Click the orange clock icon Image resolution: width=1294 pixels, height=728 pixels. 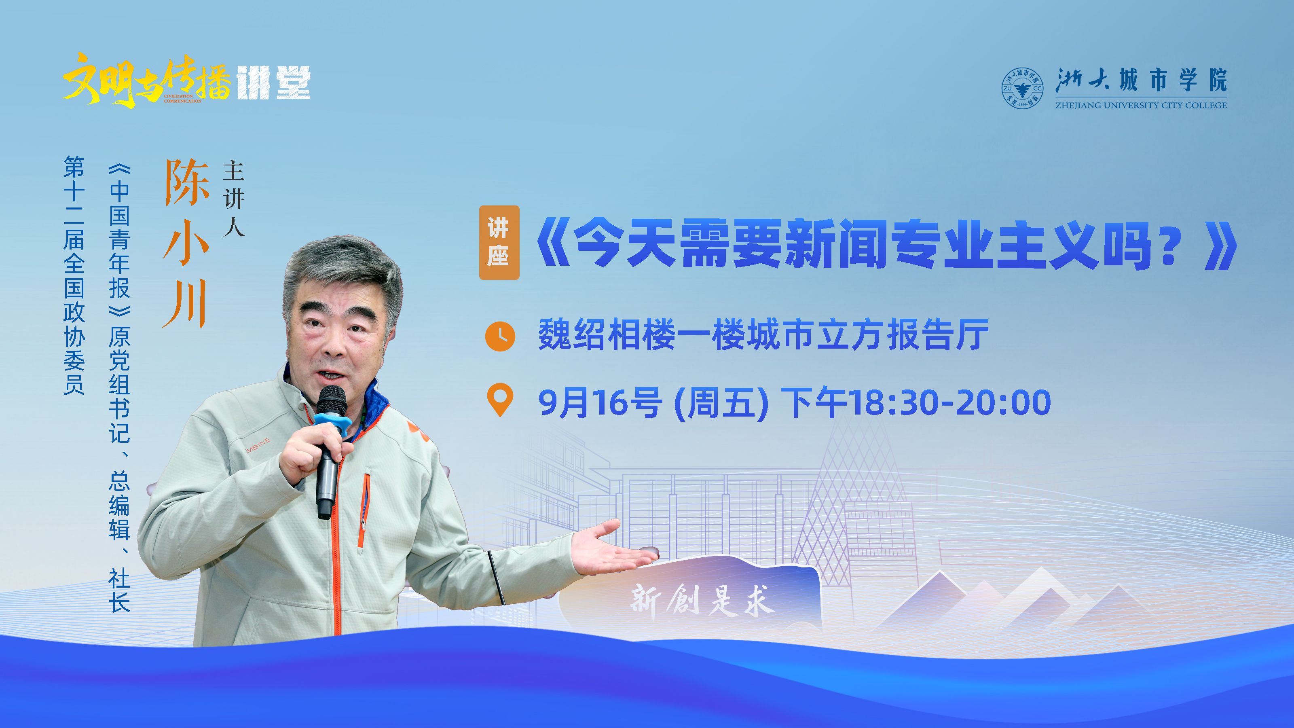click(x=500, y=336)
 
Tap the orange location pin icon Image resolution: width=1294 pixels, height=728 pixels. click(x=500, y=400)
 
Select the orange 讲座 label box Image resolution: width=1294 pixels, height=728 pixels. click(x=499, y=242)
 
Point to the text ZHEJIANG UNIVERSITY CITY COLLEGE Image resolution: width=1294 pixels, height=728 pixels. click(x=1140, y=106)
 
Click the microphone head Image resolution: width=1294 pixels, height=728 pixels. click(x=332, y=401)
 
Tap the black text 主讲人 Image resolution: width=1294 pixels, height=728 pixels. click(x=234, y=199)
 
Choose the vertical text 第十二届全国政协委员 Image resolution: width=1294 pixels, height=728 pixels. click(x=74, y=275)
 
